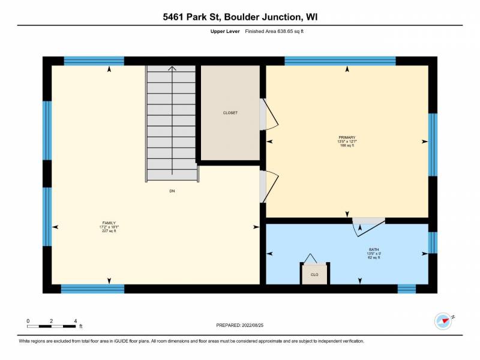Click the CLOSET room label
tap(230, 113)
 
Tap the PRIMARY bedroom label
tap(347, 137)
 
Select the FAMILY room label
tap(109, 223)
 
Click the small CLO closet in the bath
tap(314, 274)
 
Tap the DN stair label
tap(172, 191)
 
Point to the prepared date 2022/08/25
tap(240, 325)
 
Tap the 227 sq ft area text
tap(109, 231)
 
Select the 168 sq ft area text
tap(347, 145)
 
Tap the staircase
tap(172, 123)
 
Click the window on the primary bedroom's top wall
tap(340, 61)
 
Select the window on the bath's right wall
tap(432, 242)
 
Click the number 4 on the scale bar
tap(76, 320)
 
